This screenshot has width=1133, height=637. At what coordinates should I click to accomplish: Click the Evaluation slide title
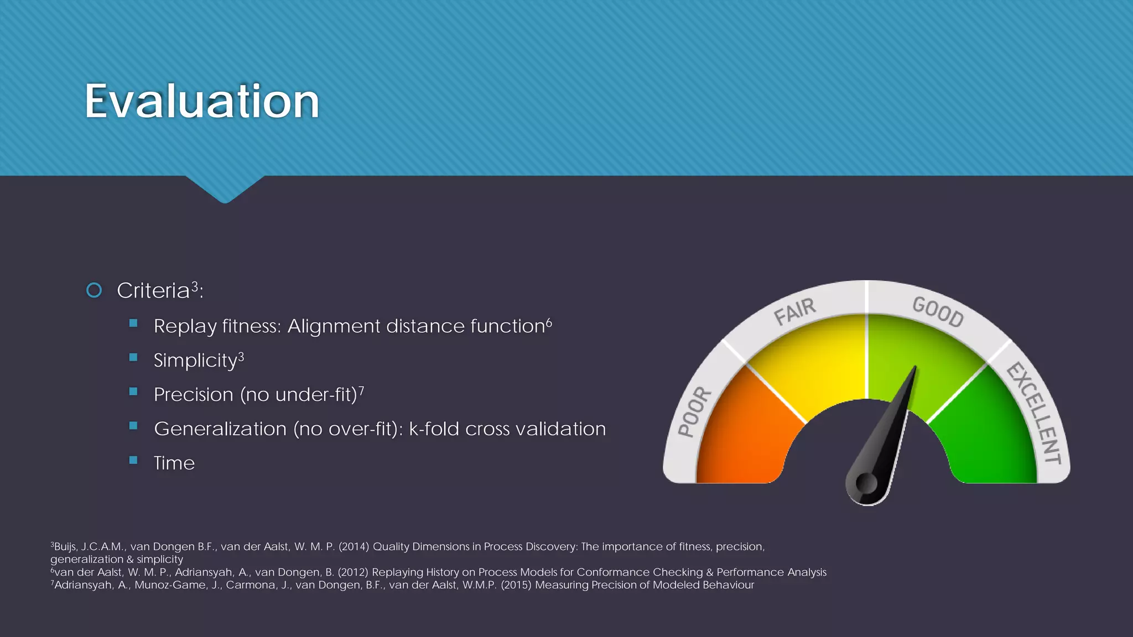point(202,101)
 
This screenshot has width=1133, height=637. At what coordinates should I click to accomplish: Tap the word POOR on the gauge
point(695,412)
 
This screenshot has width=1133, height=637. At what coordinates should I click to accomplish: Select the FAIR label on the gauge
point(794,312)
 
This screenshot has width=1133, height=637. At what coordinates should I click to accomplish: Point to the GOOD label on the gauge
point(938,312)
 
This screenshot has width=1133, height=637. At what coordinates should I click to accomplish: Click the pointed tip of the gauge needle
point(914,368)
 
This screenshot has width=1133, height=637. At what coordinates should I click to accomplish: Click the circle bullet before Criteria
point(95,290)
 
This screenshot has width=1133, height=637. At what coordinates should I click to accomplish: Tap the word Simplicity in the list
point(195,361)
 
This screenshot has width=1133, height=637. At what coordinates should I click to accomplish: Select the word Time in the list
point(174,463)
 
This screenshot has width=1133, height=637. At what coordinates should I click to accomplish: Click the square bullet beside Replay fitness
point(133,323)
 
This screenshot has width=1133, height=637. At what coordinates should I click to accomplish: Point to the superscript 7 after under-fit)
point(361,390)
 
